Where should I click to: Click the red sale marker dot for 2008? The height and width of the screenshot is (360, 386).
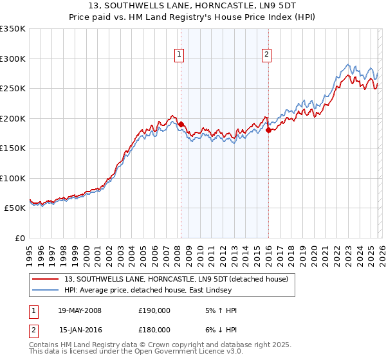click(x=181, y=124)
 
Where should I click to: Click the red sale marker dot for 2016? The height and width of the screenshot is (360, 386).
click(x=268, y=130)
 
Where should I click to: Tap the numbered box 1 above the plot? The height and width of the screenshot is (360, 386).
click(x=178, y=55)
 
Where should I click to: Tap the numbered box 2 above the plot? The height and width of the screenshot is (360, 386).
click(x=266, y=55)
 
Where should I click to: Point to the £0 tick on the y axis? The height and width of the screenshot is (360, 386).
click(x=19, y=239)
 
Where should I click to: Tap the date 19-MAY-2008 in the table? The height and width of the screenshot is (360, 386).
click(x=80, y=310)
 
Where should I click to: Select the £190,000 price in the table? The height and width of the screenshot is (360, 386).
click(x=154, y=310)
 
